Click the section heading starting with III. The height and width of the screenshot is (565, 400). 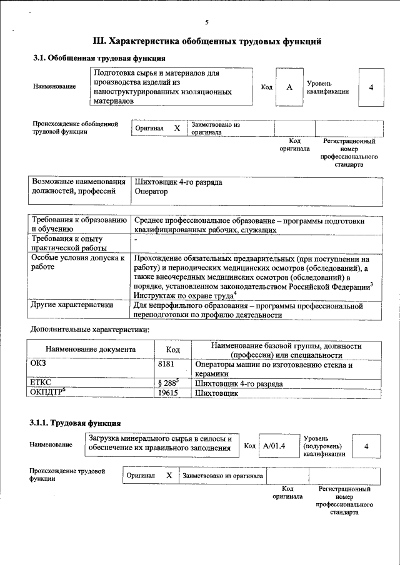coord(207,42)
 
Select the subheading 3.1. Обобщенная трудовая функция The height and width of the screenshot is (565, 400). coord(99,59)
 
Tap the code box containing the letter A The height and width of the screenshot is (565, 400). coord(289,87)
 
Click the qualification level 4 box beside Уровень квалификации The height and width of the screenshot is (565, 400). coord(371,87)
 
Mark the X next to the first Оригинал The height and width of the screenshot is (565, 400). coord(177,128)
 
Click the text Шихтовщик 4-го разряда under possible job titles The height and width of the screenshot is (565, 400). coord(178,182)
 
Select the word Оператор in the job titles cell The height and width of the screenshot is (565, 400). coord(151,192)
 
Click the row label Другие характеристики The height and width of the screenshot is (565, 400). coord(72,305)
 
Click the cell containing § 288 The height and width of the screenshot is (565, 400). coord(172,383)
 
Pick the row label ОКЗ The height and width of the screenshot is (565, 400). coord(39,362)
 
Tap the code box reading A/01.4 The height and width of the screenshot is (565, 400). coord(274,446)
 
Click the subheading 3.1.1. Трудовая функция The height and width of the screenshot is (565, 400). coord(74,423)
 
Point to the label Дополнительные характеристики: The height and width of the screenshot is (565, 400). coord(90,328)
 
